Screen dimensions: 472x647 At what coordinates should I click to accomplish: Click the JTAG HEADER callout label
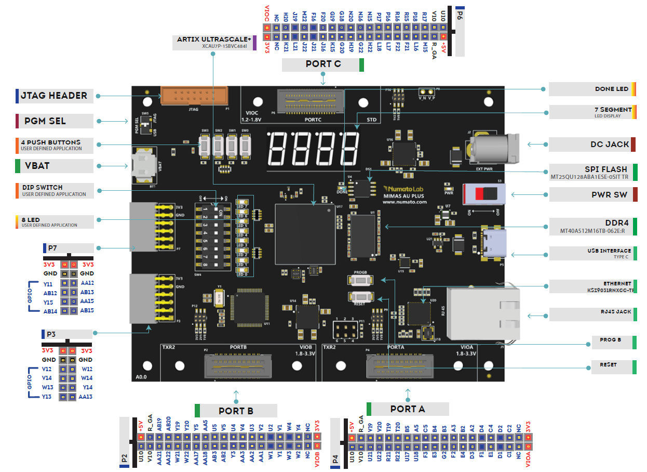click(x=54, y=96)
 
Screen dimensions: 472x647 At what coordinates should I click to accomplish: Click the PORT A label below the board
click(x=408, y=409)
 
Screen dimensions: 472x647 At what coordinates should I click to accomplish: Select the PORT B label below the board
click(x=236, y=411)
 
